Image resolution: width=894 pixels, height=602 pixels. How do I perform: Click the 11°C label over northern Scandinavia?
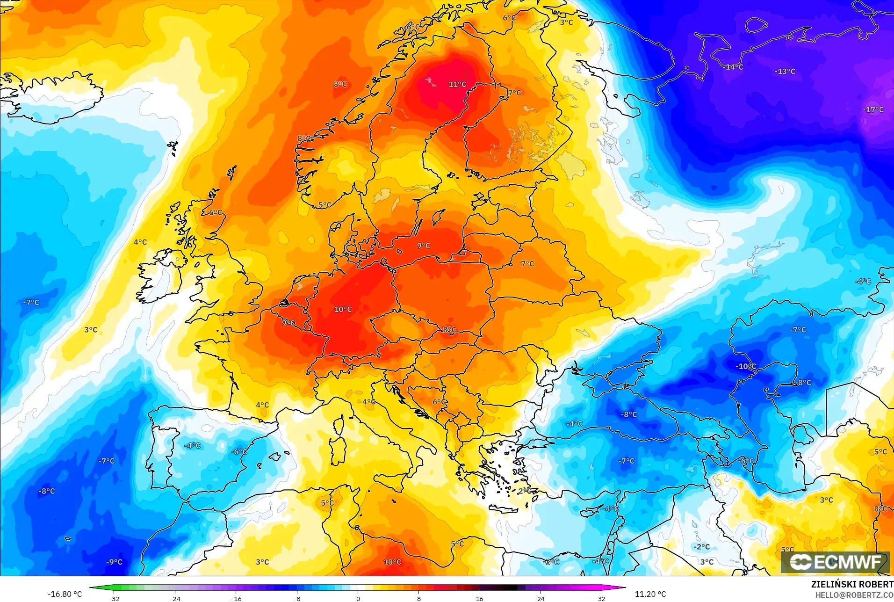(457, 84)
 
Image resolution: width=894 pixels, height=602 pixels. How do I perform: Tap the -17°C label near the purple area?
(873, 109)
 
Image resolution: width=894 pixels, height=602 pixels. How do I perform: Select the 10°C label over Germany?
(343, 309)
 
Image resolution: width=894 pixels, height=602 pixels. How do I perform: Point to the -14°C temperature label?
(733, 67)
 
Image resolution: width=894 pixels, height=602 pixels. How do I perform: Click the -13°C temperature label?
(785, 71)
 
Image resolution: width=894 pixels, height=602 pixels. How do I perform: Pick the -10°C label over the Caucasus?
(745, 366)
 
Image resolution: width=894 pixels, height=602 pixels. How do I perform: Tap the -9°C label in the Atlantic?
(114, 562)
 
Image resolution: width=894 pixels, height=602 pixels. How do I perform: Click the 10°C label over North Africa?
(392, 562)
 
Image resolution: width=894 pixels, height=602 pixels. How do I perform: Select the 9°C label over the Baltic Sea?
(424, 246)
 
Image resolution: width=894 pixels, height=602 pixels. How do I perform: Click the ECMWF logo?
(836, 562)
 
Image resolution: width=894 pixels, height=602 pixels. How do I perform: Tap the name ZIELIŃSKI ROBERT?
(852, 584)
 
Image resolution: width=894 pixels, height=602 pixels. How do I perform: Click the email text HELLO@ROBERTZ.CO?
(854, 595)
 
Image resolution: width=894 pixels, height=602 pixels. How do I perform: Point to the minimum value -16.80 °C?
(65, 594)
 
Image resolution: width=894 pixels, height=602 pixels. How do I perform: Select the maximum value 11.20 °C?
(650, 594)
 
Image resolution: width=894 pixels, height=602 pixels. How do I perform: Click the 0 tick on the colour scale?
(358, 598)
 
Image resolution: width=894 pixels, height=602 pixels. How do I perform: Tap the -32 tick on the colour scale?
(114, 598)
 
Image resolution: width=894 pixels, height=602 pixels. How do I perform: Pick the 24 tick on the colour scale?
(541, 598)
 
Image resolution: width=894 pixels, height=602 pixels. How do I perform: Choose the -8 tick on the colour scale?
(297, 598)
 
